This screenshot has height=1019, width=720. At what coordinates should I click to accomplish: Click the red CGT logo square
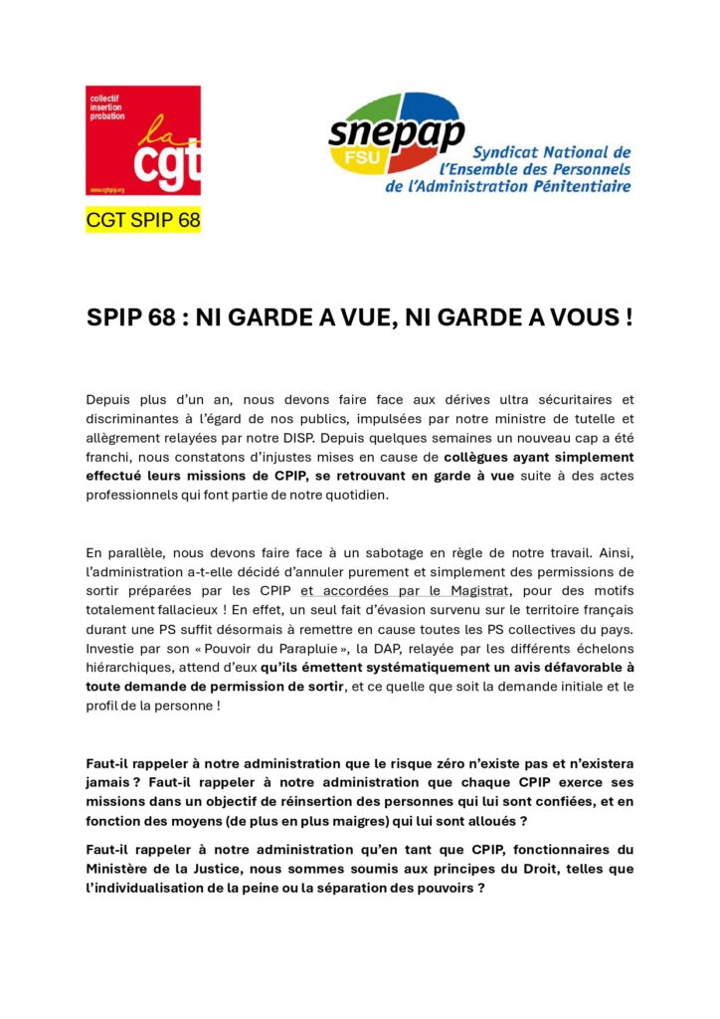(x=143, y=139)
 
